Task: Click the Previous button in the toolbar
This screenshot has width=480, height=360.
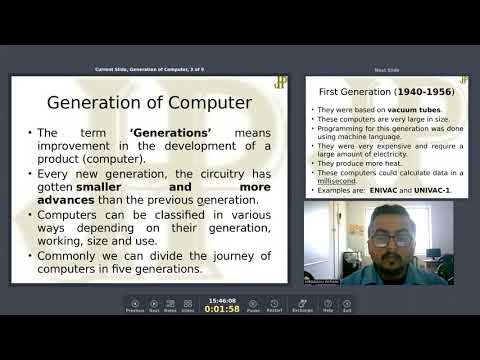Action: pyautogui.click(x=135, y=305)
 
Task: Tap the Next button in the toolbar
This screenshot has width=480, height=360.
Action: pyautogui.click(x=154, y=305)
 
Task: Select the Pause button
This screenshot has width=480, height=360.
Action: pyautogui.click(x=253, y=305)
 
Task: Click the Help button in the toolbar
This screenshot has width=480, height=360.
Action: pyautogui.click(x=327, y=305)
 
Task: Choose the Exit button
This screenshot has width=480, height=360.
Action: pyautogui.click(x=347, y=305)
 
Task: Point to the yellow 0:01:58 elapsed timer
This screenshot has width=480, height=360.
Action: pyautogui.click(x=221, y=309)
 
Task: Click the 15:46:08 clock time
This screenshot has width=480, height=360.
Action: pyautogui.click(x=221, y=299)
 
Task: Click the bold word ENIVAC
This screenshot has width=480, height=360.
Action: pyautogui.click(x=382, y=190)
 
